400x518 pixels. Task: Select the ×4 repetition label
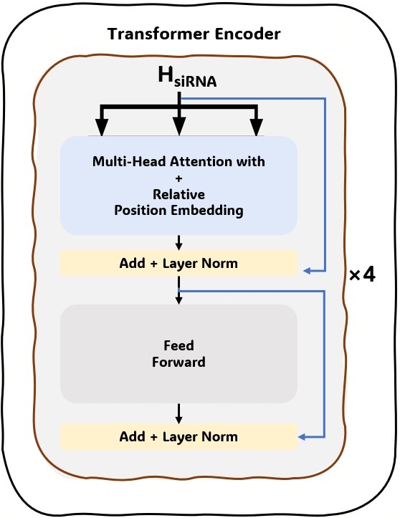click(362, 274)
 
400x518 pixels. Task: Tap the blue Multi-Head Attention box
click(178, 185)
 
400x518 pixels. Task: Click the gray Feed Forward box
click(178, 354)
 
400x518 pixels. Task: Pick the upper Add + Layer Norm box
click(178, 263)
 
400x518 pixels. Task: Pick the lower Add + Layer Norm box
click(178, 436)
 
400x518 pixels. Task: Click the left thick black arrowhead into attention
click(102, 128)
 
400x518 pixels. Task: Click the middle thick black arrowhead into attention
click(178, 128)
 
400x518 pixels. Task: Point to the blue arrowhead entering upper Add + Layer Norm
click(306, 271)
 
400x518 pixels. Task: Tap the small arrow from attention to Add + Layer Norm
click(178, 242)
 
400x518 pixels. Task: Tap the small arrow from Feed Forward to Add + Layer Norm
click(178, 414)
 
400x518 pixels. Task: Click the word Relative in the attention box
click(178, 194)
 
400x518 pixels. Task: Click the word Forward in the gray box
click(178, 362)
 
